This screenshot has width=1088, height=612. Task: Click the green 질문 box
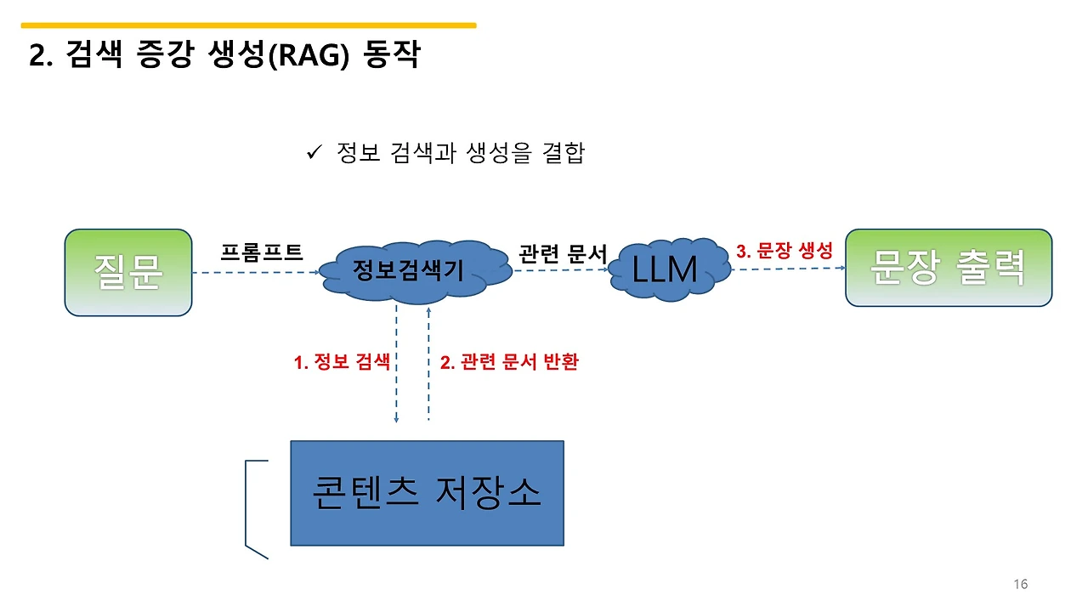click(x=128, y=272)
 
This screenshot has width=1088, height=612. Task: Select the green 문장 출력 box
click(x=948, y=267)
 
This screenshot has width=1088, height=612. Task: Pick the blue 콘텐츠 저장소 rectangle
click(x=427, y=492)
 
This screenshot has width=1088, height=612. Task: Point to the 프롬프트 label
click(x=262, y=252)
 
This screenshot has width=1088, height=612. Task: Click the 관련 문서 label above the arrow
click(x=563, y=253)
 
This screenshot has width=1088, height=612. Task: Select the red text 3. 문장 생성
click(x=785, y=252)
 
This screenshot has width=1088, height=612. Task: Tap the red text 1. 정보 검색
click(x=342, y=362)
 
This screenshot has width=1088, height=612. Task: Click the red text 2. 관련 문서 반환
click(x=509, y=362)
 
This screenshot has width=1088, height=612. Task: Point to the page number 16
click(x=1021, y=584)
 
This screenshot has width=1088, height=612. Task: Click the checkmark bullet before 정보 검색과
click(x=312, y=153)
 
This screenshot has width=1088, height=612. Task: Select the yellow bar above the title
click(x=248, y=25)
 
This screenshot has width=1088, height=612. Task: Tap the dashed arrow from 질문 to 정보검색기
click(x=255, y=273)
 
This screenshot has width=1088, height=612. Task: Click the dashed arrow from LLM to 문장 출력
click(x=786, y=269)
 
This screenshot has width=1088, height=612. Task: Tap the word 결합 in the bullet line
click(x=563, y=154)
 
